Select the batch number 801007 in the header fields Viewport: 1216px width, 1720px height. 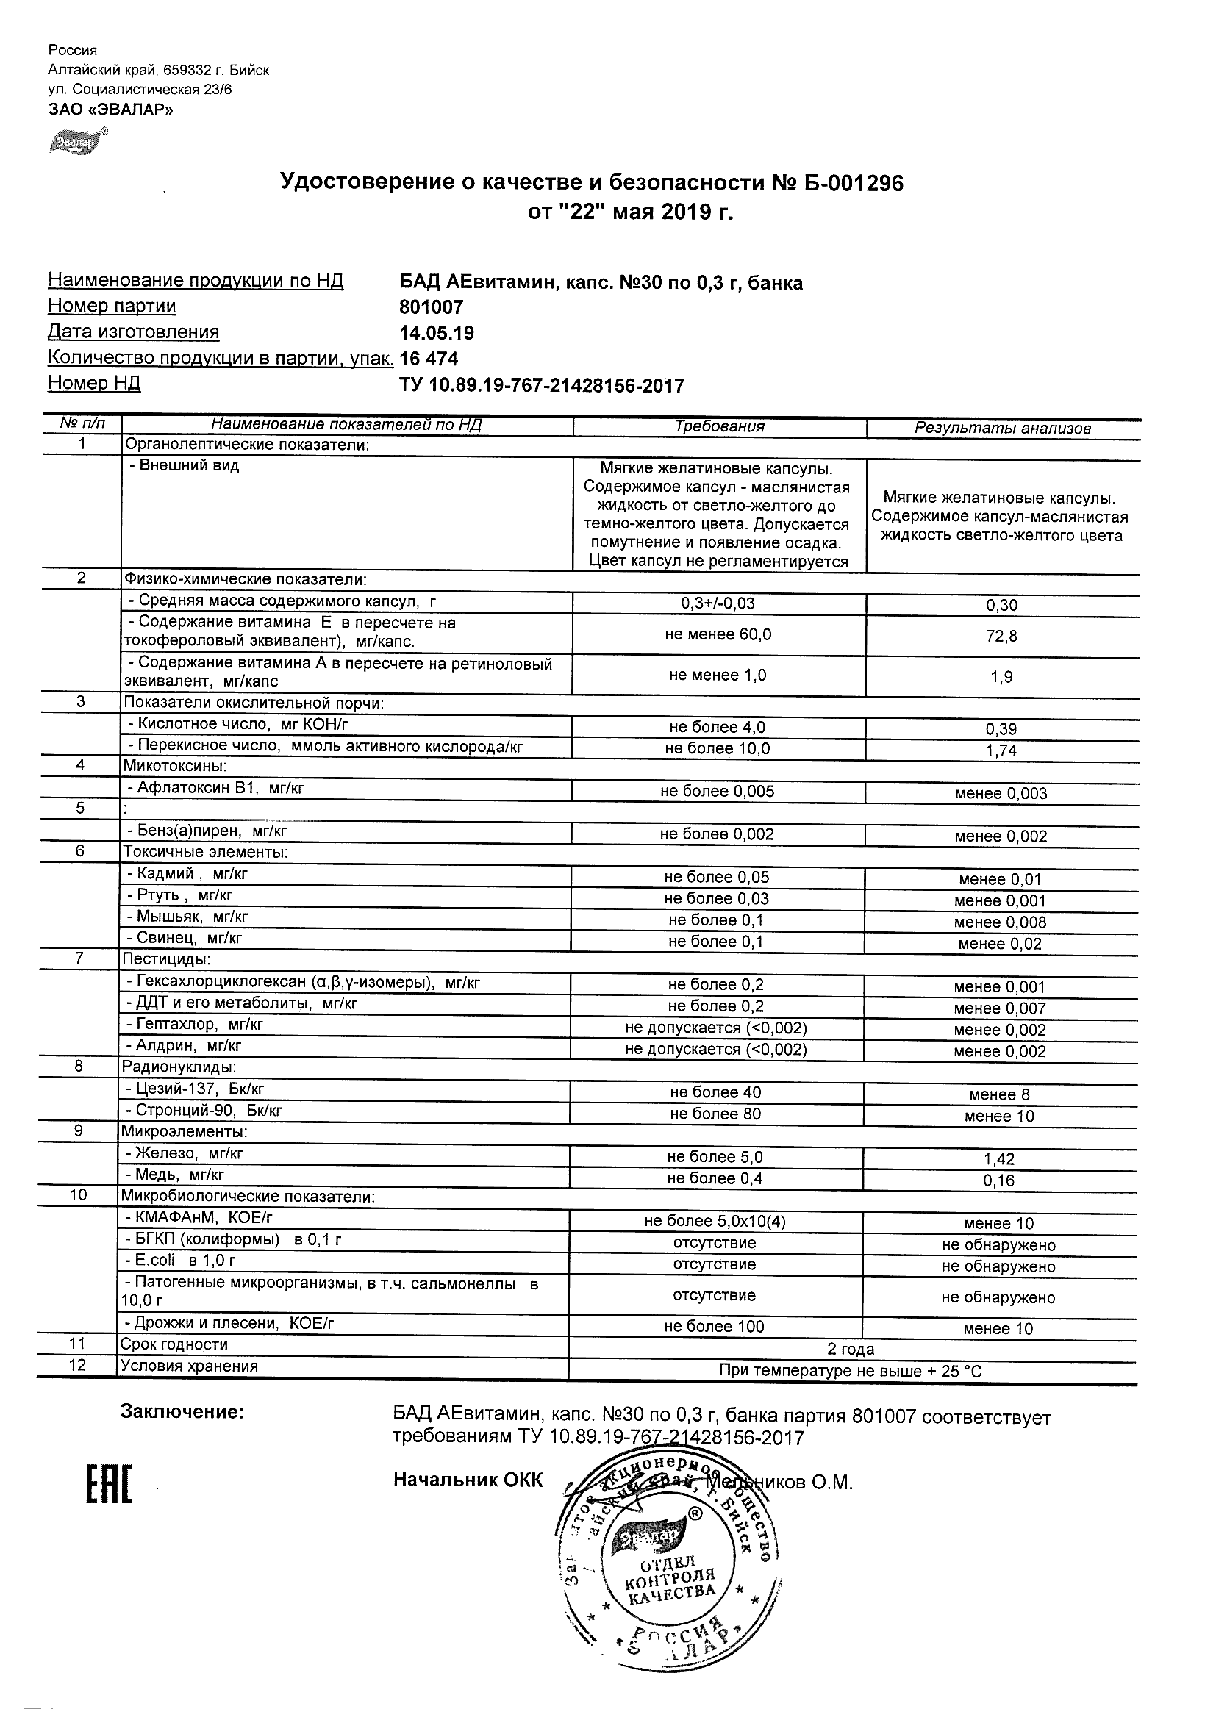432,307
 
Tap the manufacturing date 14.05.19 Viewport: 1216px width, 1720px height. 437,334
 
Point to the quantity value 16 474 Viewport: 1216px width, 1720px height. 429,359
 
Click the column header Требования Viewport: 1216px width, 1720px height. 719,427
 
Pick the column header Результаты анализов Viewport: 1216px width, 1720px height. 1003,429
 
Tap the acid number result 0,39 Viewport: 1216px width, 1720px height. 1001,730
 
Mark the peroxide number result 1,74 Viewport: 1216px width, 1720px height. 1001,750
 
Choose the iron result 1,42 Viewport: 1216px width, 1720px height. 999,1160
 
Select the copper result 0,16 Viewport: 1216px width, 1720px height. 999,1181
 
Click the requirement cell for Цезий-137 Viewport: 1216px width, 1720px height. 715,1093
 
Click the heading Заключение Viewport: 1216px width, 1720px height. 182,1412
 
